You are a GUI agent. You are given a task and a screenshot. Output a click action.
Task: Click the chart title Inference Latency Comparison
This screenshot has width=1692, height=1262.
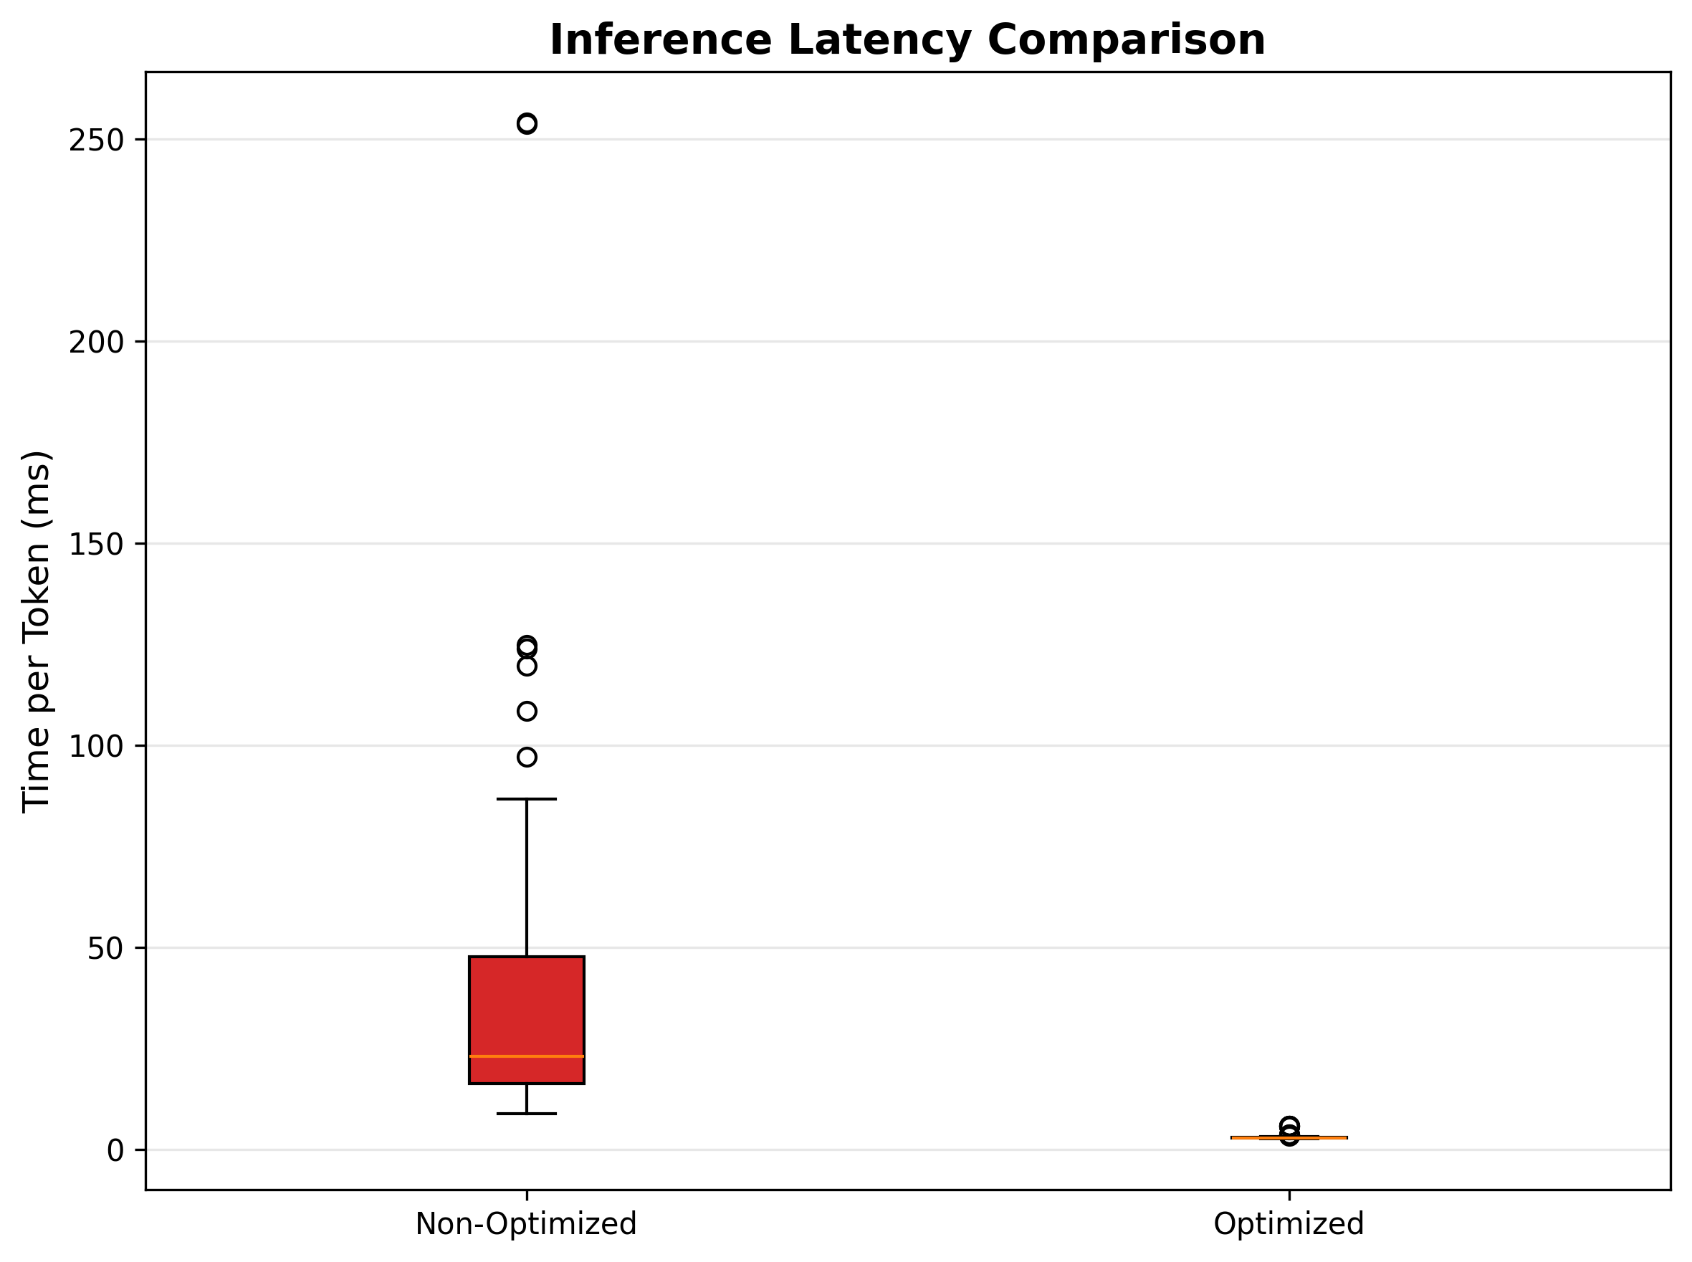click(907, 39)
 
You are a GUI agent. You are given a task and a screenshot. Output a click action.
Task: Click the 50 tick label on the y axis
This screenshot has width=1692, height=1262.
click(105, 949)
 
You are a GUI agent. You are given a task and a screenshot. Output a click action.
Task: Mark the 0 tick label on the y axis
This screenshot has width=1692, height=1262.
click(115, 1150)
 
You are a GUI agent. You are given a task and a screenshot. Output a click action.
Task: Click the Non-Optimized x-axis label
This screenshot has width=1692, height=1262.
click(525, 1225)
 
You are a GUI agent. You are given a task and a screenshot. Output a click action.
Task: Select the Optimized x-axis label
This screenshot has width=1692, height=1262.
click(1288, 1225)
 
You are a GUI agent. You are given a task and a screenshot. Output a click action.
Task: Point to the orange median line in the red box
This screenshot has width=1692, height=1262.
click(526, 1056)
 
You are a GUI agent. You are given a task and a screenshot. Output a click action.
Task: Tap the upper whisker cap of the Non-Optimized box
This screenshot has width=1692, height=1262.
click(526, 799)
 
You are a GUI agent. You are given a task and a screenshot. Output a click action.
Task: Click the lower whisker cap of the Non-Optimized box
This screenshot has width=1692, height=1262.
click(526, 1114)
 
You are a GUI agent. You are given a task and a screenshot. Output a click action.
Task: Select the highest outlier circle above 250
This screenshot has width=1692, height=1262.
click(526, 124)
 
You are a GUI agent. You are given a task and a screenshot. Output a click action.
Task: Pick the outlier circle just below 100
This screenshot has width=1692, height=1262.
click(526, 757)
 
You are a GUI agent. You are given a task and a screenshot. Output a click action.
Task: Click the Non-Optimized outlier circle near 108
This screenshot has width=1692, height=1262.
click(526, 711)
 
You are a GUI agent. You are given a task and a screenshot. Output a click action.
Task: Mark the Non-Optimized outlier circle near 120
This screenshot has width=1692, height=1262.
click(526, 666)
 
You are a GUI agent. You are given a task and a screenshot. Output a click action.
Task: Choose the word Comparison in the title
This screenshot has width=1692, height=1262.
click(1126, 39)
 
